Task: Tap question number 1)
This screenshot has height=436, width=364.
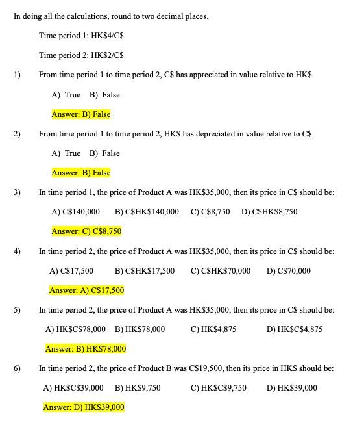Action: tap(17, 75)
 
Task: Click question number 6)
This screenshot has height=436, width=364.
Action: tap(17, 368)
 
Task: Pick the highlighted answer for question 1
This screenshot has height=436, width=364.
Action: tap(81, 114)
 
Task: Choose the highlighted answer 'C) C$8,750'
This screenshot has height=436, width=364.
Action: tap(86, 231)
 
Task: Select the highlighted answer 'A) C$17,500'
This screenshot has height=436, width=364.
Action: tap(86, 290)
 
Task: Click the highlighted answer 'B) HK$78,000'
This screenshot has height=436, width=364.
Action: tap(85, 349)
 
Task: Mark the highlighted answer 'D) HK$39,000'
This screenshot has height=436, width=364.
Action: tap(84, 407)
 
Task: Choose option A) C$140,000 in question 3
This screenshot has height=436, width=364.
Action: tap(75, 212)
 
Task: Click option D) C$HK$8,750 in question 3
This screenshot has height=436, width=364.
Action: tap(269, 212)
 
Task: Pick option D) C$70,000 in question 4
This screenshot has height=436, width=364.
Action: tap(288, 271)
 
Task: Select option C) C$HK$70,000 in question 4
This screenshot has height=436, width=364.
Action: tap(221, 271)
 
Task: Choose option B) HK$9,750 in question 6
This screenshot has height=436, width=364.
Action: tap(138, 388)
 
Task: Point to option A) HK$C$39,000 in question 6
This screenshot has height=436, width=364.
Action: tap(73, 388)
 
